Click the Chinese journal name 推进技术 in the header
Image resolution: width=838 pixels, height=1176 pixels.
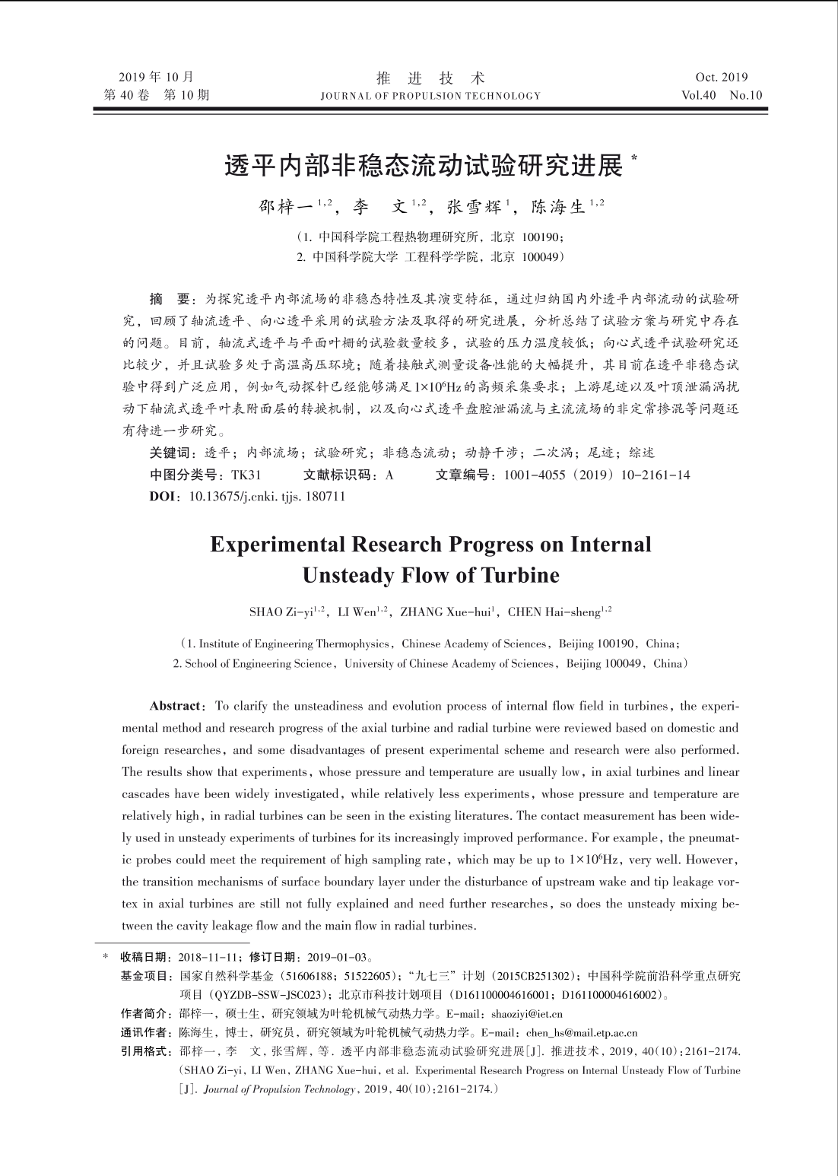coord(430,78)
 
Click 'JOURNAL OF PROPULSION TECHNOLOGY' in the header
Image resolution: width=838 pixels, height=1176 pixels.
coord(430,96)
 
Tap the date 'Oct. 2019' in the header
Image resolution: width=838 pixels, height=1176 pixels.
coord(721,77)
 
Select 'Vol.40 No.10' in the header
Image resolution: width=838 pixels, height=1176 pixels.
coord(722,95)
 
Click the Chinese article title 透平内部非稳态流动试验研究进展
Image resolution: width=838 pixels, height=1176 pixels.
coord(424,167)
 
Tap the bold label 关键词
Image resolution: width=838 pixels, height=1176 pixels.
coord(170,453)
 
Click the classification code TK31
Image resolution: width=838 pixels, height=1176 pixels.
coord(246,475)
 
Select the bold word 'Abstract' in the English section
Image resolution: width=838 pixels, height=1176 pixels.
coord(177,706)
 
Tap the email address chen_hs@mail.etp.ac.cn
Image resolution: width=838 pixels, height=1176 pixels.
coord(582,1033)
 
